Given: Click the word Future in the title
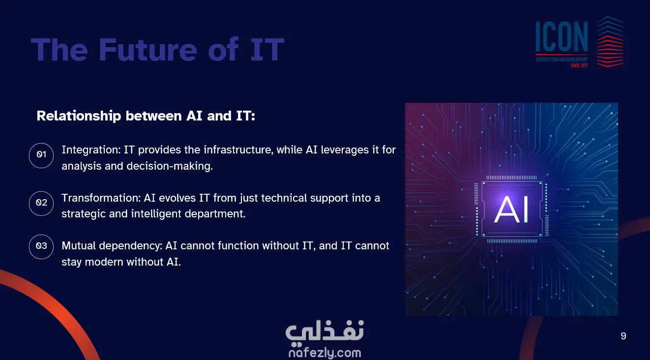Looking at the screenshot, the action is tap(148, 50).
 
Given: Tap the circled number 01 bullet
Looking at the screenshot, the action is tap(41, 155).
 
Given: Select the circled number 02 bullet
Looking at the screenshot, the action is tap(41, 203).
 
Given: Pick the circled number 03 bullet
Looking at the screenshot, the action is tap(41, 247).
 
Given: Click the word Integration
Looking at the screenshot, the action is tap(91, 150).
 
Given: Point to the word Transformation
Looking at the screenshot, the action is tap(101, 198).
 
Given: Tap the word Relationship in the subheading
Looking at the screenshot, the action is tap(79, 116).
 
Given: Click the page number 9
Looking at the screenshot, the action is tap(623, 336).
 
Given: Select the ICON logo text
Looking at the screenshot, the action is tap(561, 36).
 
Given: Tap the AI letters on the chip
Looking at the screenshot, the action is tap(511, 209).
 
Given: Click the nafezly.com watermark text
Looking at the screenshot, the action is tap(325, 353).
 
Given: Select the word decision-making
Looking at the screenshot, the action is tap(170, 166).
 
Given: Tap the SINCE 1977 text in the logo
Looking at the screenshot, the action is tap(579, 65).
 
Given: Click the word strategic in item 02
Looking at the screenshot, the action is tap(84, 214).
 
